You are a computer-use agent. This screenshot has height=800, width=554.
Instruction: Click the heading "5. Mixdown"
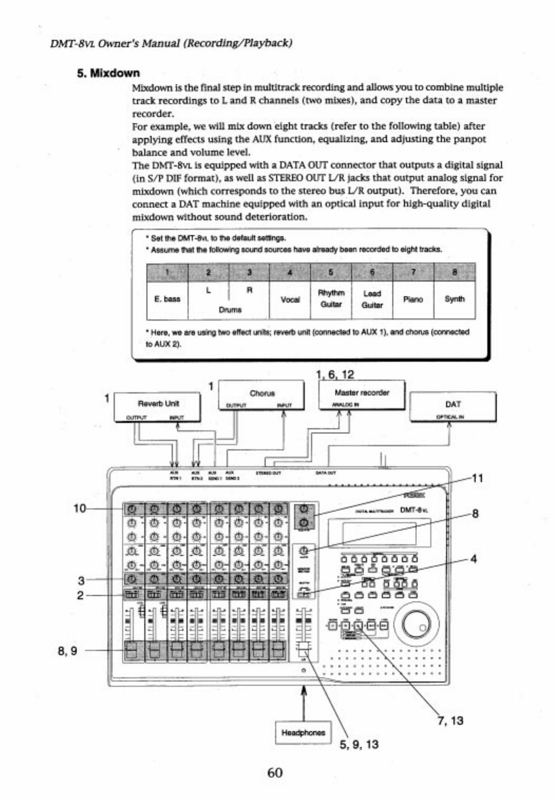coord(108,73)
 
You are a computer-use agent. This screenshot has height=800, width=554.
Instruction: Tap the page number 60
coord(275,773)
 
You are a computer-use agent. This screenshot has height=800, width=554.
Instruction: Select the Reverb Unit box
coord(158,407)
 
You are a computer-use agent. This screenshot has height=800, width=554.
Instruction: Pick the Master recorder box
coord(362,395)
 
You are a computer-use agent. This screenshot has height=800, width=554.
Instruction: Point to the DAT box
coord(453,407)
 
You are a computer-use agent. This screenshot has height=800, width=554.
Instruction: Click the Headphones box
coord(303,732)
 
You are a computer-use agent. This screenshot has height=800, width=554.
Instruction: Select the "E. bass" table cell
coord(167,300)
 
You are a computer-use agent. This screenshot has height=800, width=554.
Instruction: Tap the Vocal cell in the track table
coord(290,300)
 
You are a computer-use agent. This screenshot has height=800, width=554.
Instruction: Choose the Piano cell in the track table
coord(413,300)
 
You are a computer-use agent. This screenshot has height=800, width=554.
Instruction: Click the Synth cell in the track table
coord(454,300)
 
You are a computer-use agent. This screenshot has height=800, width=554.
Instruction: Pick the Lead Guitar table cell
coord(372,300)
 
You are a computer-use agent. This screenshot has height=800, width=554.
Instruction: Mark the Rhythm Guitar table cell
coord(331,299)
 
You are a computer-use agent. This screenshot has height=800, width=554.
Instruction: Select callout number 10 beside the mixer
coord(80,508)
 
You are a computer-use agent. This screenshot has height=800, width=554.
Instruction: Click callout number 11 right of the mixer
coord(477,478)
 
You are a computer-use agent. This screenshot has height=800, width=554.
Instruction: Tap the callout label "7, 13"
coord(450,720)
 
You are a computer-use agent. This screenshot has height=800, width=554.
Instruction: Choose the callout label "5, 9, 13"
coord(359,744)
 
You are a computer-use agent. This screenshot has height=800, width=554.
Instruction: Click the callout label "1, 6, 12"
coord(335,374)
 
